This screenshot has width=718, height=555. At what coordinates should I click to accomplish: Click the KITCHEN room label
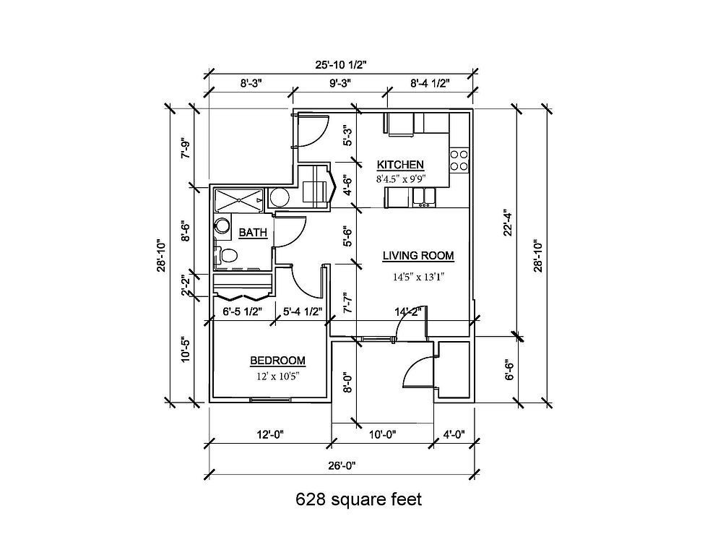(x=400, y=165)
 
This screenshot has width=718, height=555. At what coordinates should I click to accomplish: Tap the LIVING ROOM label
(x=418, y=256)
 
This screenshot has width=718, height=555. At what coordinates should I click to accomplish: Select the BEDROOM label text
(x=277, y=361)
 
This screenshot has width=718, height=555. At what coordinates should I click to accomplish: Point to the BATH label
(x=253, y=233)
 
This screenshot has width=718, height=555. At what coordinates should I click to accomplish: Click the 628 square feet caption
(x=358, y=499)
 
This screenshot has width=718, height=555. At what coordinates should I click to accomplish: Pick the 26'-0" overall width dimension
(x=342, y=465)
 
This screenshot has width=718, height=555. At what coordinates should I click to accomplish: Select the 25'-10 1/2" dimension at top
(x=341, y=64)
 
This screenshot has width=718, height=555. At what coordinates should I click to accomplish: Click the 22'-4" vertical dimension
(x=507, y=223)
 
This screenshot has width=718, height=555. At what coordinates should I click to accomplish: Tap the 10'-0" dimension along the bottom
(x=382, y=434)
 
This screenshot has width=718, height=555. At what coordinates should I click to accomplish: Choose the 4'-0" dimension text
(x=454, y=434)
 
